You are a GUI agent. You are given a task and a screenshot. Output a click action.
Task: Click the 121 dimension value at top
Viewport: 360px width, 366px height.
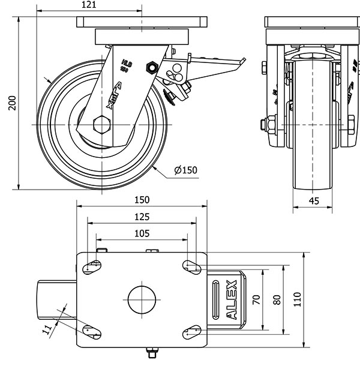88,5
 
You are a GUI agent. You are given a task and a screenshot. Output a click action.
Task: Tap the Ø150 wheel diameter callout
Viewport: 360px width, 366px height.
185,170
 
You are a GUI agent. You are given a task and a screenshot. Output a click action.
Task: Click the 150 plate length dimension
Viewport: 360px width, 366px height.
141,200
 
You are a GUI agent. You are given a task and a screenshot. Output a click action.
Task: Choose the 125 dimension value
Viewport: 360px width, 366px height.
141,217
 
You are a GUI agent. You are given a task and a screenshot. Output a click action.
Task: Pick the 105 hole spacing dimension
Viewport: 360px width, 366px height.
141,233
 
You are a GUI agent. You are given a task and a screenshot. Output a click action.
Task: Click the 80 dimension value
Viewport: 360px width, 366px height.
277,299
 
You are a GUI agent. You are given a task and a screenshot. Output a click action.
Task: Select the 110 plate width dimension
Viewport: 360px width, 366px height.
297,299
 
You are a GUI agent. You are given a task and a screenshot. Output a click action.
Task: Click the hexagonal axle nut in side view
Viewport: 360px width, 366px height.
102,125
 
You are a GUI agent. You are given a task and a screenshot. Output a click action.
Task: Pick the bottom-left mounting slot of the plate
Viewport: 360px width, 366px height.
91,331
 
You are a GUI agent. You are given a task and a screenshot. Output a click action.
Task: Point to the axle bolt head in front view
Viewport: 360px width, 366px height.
262,125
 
